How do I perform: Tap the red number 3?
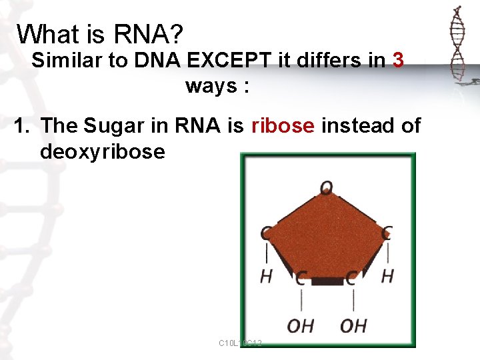point(398,61)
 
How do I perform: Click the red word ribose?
point(283,125)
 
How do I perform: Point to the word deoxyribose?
point(102,151)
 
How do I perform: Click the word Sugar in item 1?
point(115,125)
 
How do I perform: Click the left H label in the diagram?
point(266,275)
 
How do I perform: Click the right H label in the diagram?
point(387,275)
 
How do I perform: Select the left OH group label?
point(301,326)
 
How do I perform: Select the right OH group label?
point(353,326)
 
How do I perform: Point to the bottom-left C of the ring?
point(301,279)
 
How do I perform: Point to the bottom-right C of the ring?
point(351,279)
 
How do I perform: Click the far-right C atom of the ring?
point(387,233)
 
